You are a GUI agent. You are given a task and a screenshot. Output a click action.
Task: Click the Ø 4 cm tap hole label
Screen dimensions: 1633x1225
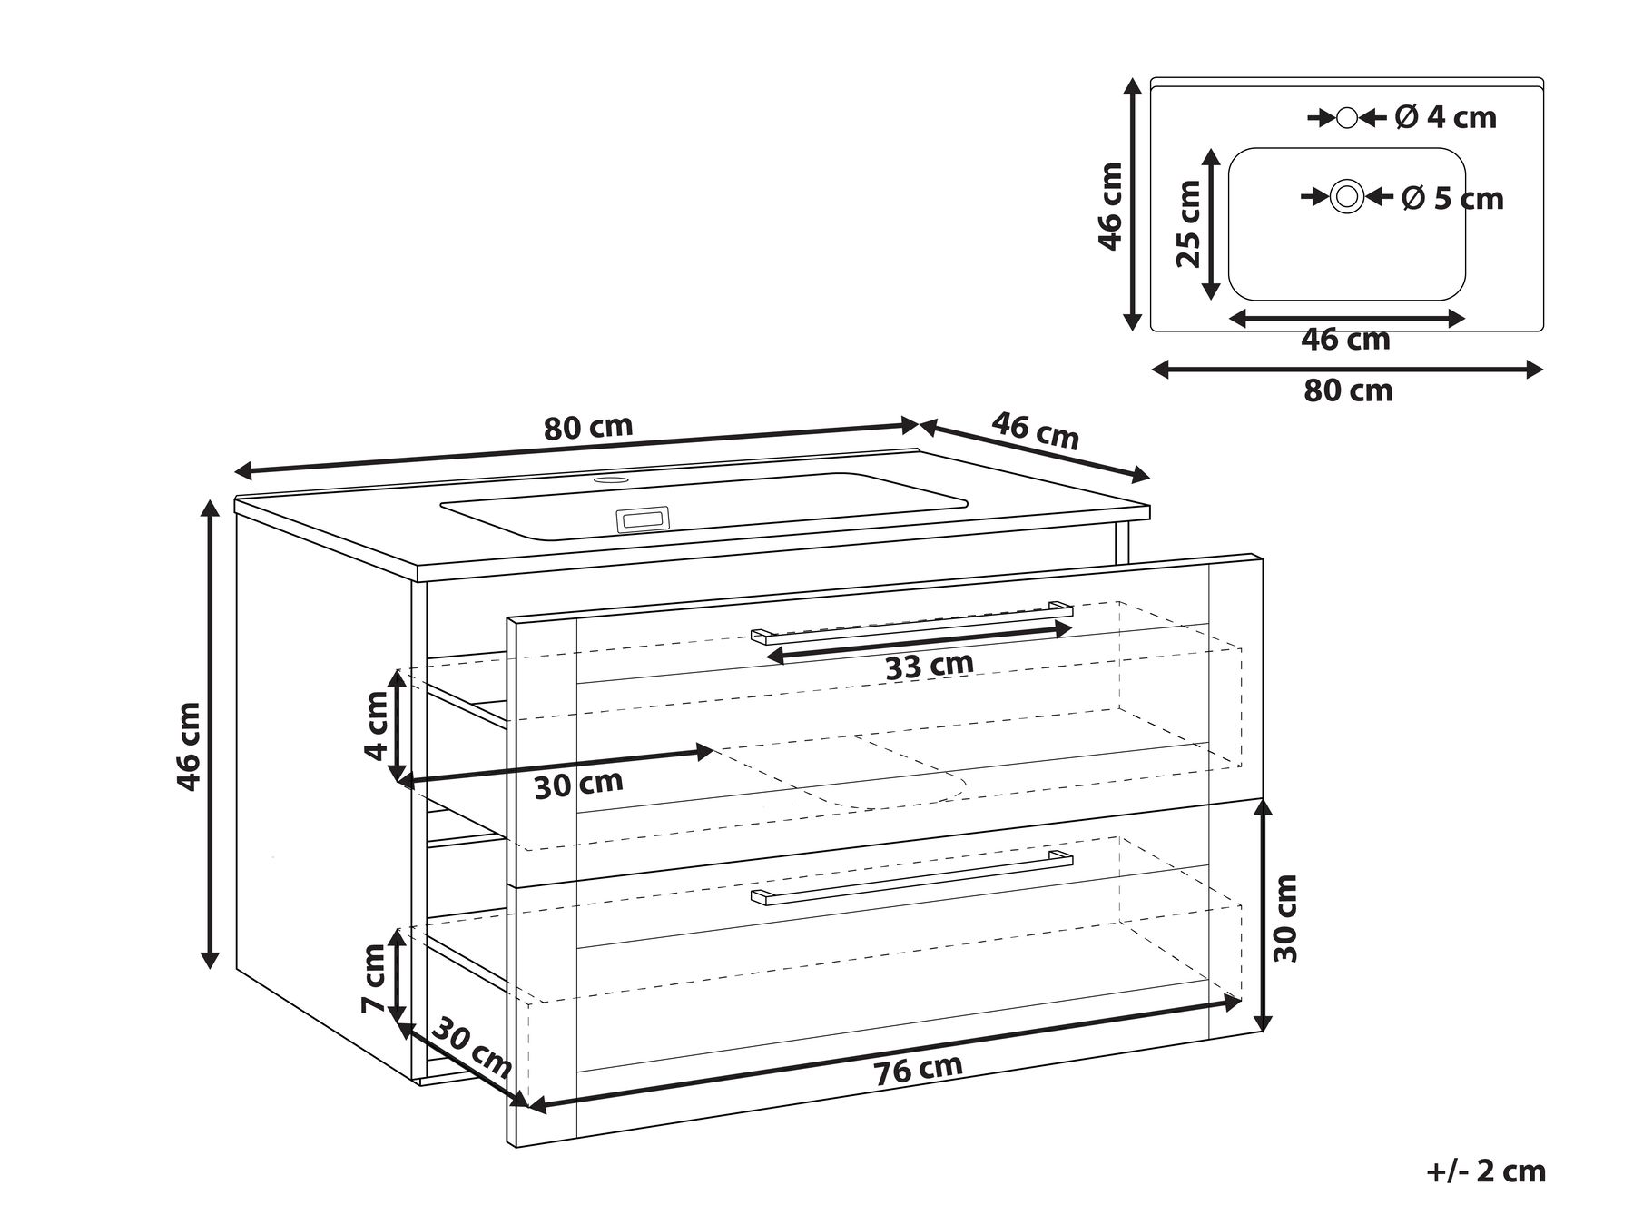[1446, 117]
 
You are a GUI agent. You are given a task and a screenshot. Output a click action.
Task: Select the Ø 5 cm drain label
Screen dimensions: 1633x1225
[1452, 198]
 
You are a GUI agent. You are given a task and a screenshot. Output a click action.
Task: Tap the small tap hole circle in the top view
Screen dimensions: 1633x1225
[1347, 117]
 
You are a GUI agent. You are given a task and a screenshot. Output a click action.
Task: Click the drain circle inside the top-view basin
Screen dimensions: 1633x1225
[1347, 196]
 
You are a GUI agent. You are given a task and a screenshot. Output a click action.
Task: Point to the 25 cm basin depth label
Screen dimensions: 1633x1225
[1188, 223]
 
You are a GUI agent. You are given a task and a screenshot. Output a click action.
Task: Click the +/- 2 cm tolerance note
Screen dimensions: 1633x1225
[1486, 1171]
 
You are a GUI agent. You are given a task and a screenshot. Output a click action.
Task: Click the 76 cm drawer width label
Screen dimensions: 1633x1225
[919, 1069]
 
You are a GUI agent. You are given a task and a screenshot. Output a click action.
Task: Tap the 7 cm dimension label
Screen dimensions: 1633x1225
[373, 978]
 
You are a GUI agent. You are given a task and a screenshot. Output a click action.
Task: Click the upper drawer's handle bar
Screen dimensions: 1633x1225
[912, 622]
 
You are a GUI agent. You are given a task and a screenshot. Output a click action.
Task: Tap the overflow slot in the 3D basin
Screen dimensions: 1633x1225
[643, 519]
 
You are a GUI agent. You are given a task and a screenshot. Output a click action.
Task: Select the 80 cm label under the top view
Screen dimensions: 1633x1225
[1348, 390]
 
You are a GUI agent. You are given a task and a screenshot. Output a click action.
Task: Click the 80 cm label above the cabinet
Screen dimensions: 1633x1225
[588, 427]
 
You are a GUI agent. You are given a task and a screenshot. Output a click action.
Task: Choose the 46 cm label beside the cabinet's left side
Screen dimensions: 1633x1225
[188, 746]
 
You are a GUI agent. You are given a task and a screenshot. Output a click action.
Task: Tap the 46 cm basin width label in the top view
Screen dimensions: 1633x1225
[1345, 339]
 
